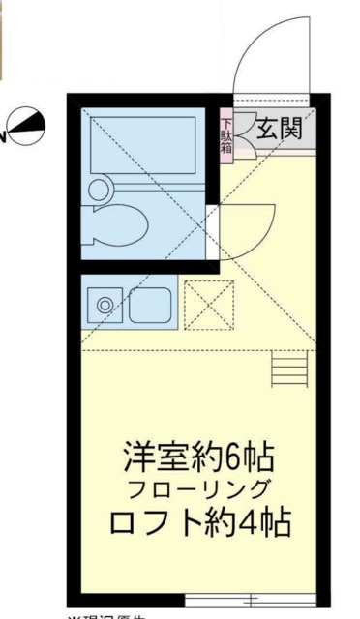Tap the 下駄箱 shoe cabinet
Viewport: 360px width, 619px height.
point(225,137)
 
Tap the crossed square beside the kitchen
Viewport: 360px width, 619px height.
point(209,305)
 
